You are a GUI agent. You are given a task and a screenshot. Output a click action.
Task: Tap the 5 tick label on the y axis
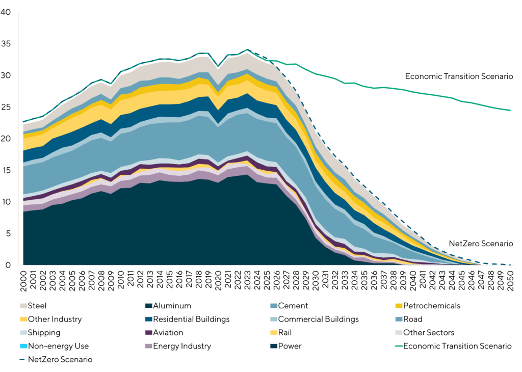point(8,233)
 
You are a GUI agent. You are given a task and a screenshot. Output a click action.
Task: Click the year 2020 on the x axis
point(219,279)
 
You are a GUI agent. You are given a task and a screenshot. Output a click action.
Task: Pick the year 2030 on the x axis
point(316,279)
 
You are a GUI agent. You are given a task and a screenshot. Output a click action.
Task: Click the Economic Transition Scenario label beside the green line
point(459,76)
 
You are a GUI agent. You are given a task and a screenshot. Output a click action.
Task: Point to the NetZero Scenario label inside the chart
point(481,244)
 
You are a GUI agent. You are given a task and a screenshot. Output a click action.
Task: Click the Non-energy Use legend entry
point(56,346)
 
